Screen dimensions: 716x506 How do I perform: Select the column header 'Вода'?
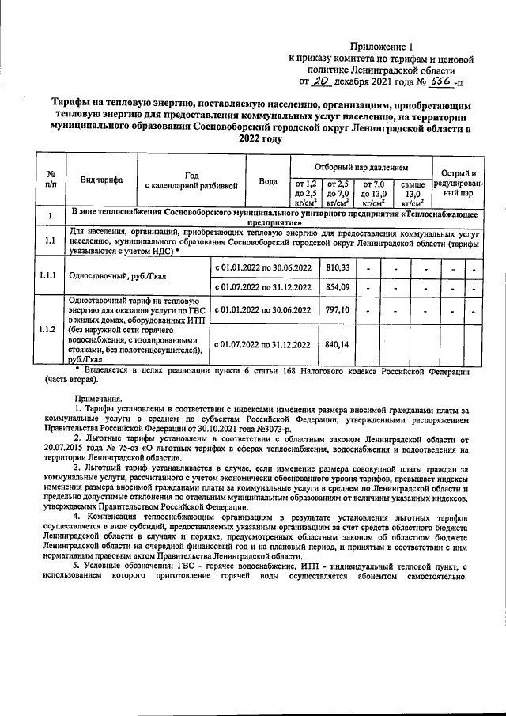[268, 180]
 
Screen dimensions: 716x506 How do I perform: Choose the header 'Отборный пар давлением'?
[361, 168]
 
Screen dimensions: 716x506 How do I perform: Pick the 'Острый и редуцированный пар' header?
[458, 182]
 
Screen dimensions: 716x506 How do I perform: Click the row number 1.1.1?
[50, 276]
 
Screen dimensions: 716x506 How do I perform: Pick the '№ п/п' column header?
[50, 180]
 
